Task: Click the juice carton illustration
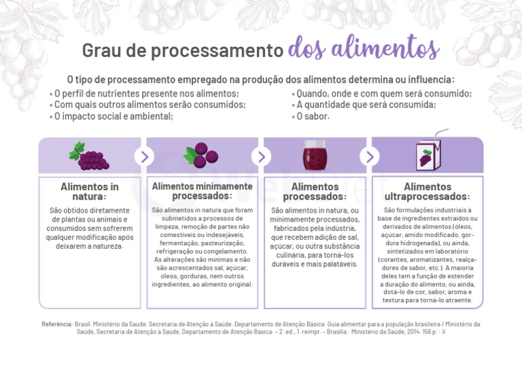[x=425, y=156]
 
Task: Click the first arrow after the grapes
[x=144, y=156]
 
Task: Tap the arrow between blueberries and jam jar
[x=259, y=156]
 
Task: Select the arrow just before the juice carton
[x=370, y=156]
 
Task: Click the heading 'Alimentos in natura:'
[x=89, y=192]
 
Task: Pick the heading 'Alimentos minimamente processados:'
[x=202, y=191]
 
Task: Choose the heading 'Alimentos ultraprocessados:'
[x=427, y=192]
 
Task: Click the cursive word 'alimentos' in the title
[x=364, y=49]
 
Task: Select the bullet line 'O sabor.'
[x=312, y=116]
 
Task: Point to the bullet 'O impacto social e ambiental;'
[x=113, y=116]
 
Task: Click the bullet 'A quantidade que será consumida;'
[x=366, y=105]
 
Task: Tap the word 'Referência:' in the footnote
[x=57, y=324]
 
